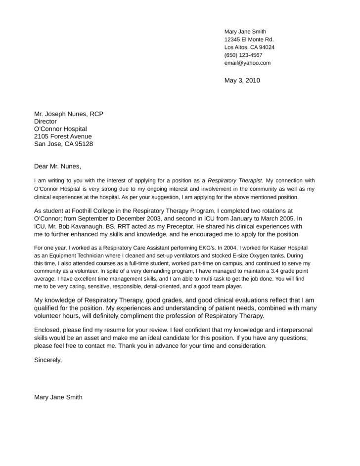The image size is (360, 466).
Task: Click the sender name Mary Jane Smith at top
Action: (x=245, y=32)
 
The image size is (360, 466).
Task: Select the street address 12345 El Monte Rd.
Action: (x=249, y=40)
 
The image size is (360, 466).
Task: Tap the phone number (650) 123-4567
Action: (x=243, y=55)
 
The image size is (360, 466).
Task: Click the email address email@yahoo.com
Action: (x=247, y=63)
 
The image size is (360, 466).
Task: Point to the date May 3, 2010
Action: (x=242, y=80)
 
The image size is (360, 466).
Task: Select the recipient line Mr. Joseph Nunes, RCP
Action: (x=69, y=113)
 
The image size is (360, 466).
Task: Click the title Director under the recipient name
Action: (x=45, y=121)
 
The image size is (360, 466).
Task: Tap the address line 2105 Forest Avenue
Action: (x=62, y=136)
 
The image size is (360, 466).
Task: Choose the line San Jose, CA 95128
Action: (x=63, y=144)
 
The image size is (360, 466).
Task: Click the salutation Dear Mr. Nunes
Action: (x=57, y=165)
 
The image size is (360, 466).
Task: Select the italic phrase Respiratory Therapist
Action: (x=235, y=181)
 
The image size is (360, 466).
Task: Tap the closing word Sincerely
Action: (x=48, y=360)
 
